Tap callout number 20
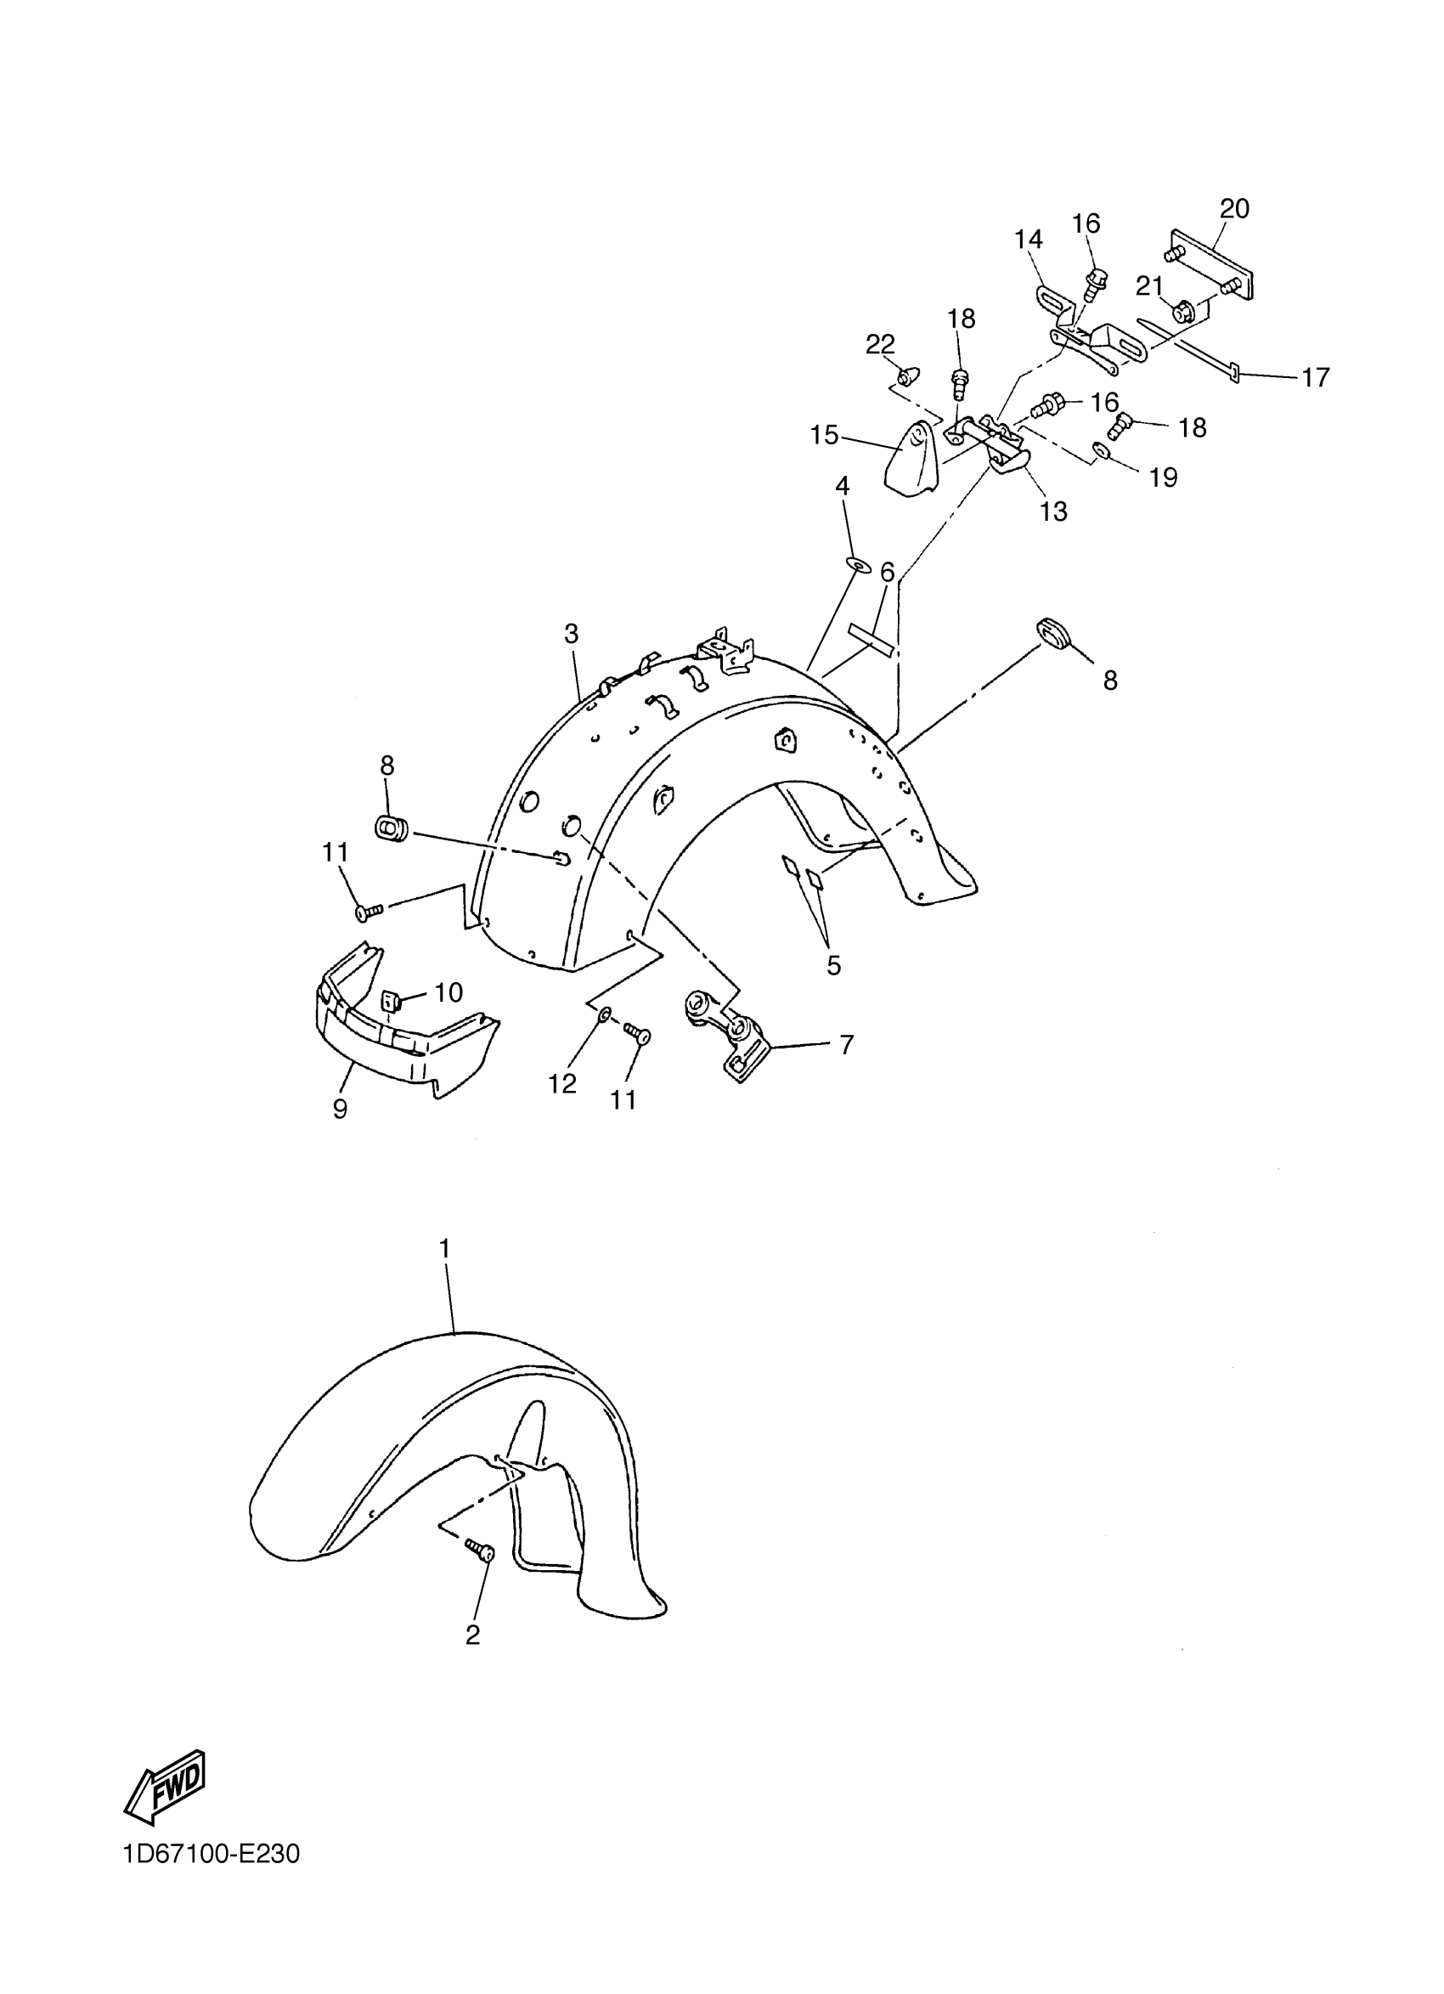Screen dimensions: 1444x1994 coord(1234,208)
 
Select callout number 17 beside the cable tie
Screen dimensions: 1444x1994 coord(1316,377)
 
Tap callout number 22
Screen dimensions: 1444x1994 coord(880,344)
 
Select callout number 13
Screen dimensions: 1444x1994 coord(1053,511)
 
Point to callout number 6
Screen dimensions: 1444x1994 coord(888,573)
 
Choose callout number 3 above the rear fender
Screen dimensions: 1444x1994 coord(572,633)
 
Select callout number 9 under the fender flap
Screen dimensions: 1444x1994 coord(340,1109)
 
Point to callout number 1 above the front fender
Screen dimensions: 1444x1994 coord(445,1247)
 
